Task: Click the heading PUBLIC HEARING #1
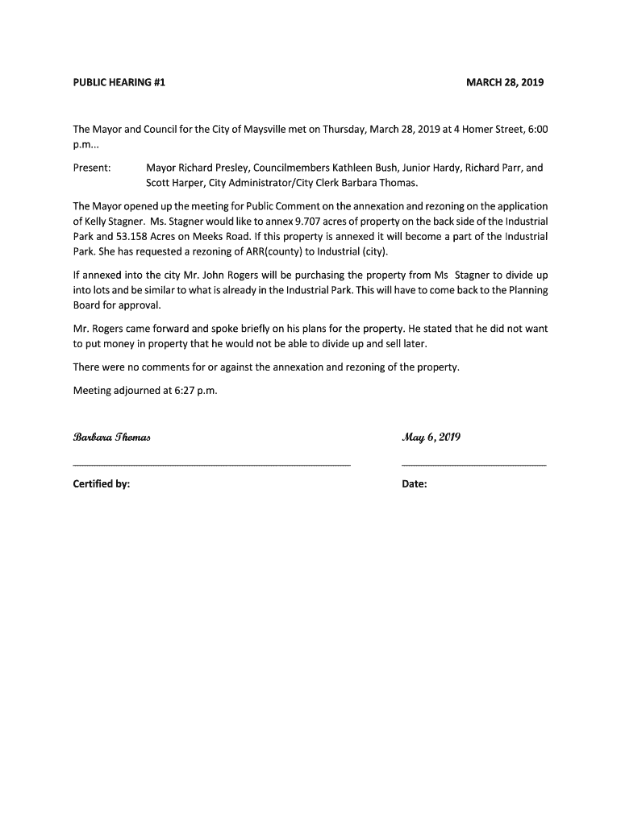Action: pyautogui.click(x=119, y=83)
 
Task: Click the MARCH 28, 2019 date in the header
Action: pyautogui.click(x=505, y=83)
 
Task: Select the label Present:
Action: pyautogui.click(x=92, y=168)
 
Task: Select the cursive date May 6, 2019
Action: pyautogui.click(x=431, y=438)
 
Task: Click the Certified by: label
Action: pyautogui.click(x=102, y=485)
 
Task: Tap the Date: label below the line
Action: pyautogui.click(x=415, y=485)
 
